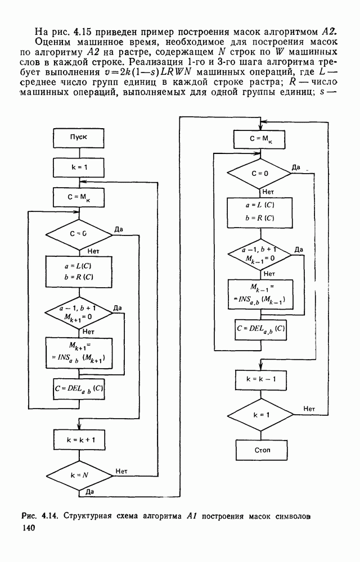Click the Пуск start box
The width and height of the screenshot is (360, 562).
tap(78, 137)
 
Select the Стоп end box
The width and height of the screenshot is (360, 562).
tap(259, 450)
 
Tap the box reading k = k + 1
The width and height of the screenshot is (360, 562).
tap(78, 436)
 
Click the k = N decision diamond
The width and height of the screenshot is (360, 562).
tap(78, 475)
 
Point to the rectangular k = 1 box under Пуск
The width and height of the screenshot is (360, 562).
tap(78, 167)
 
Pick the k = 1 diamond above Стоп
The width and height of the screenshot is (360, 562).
tap(259, 415)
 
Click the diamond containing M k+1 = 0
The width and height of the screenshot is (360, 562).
tap(78, 312)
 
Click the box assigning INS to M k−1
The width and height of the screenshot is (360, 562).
tap(259, 294)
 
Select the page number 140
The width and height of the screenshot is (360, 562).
tap(28, 528)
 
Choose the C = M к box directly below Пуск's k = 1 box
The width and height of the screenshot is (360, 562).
tap(78, 198)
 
